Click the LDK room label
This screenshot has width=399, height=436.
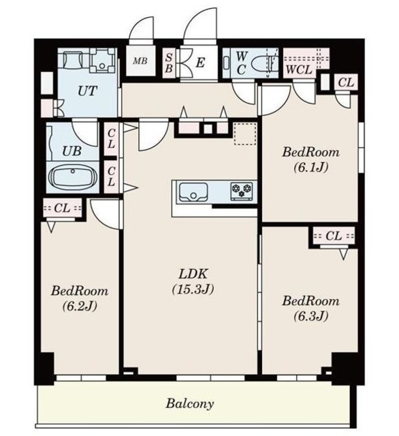193,274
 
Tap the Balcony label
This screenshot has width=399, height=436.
190,403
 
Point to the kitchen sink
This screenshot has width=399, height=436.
193,191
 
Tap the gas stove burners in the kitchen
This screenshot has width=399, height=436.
242,191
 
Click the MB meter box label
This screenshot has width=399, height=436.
140,61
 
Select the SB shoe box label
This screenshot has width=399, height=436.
168,63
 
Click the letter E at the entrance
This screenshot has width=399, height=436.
200,63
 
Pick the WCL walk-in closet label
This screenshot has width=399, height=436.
299,69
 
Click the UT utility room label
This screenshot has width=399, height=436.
87,91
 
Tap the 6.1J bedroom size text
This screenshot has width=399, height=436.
311,168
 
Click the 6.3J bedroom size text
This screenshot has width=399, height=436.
311,316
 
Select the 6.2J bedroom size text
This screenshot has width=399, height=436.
80,306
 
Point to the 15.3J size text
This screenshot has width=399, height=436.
193,290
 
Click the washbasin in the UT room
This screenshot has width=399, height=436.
102,61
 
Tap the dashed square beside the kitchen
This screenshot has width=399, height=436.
245,134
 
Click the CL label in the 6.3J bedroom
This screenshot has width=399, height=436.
334,236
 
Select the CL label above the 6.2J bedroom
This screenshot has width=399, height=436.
62,208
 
